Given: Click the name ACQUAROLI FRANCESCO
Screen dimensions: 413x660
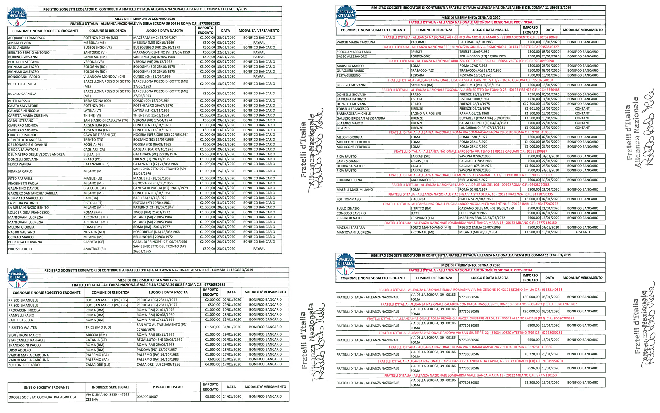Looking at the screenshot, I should click(x=27, y=38).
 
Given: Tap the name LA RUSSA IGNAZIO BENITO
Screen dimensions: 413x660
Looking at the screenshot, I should click(x=28, y=208).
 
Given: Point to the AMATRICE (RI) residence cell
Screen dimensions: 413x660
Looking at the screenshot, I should click(x=95, y=249).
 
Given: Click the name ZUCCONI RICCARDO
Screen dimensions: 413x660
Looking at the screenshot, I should click(x=24, y=365).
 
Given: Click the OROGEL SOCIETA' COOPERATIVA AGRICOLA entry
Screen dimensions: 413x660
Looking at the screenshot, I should click(x=42, y=397).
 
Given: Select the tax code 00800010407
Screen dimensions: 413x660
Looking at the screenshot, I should click(x=147, y=397).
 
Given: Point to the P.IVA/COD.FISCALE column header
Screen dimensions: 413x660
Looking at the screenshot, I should click(x=168, y=387).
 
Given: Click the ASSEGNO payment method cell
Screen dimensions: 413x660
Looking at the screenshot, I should click(x=582, y=232).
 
